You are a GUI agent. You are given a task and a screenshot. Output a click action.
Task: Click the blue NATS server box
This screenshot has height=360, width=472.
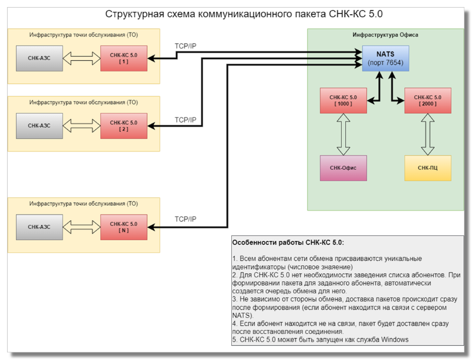pyautogui.click(x=385, y=58)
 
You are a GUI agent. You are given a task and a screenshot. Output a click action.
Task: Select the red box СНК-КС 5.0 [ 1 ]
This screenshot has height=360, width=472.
pyautogui.click(x=123, y=58)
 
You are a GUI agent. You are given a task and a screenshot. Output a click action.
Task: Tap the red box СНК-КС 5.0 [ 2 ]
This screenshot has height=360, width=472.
pyautogui.click(x=123, y=126)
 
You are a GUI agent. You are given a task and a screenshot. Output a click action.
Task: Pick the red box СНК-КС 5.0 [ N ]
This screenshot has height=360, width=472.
pyautogui.click(x=123, y=227)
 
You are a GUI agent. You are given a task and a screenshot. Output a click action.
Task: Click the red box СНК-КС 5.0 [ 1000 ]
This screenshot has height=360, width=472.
pyautogui.click(x=342, y=100)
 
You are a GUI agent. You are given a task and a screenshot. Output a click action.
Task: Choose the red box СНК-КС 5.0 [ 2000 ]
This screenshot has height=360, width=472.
pyautogui.click(x=428, y=100)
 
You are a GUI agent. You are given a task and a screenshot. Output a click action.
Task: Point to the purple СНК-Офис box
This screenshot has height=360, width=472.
pyautogui.click(x=343, y=168)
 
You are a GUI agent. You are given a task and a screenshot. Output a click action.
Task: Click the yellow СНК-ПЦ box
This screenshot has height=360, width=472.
pyautogui.click(x=428, y=168)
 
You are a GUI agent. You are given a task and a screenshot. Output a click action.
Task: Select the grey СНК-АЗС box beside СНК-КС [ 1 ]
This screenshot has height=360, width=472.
pyautogui.click(x=40, y=58)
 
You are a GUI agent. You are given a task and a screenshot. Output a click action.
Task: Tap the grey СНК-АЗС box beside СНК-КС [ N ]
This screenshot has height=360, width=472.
pyautogui.click(x=40, y=227)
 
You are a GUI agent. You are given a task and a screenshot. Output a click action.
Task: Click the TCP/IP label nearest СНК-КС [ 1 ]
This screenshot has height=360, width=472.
pyautogui.click(x=185, y=45)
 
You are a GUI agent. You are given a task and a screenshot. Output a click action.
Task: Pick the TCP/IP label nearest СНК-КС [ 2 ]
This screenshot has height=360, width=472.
pyautogui.click(x=185, y=120)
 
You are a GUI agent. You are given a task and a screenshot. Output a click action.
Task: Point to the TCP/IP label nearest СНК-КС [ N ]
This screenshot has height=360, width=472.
pyautogui.click(x=185, y=219)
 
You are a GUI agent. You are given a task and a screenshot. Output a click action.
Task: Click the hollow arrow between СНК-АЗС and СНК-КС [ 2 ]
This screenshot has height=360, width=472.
pyautogui.click(x=82, y=126)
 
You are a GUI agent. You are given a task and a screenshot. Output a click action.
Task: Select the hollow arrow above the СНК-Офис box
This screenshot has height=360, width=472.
pyautogui.click(x=343, y=134)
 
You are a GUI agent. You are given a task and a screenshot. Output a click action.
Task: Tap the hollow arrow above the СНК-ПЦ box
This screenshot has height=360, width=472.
pyautogui.click(x=428, y=134)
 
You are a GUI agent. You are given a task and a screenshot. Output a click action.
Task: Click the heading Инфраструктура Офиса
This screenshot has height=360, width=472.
pyautogui.click(x=385, y=35)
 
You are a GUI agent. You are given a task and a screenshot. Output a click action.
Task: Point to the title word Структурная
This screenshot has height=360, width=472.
pyautogui.click(x=133, y=14)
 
